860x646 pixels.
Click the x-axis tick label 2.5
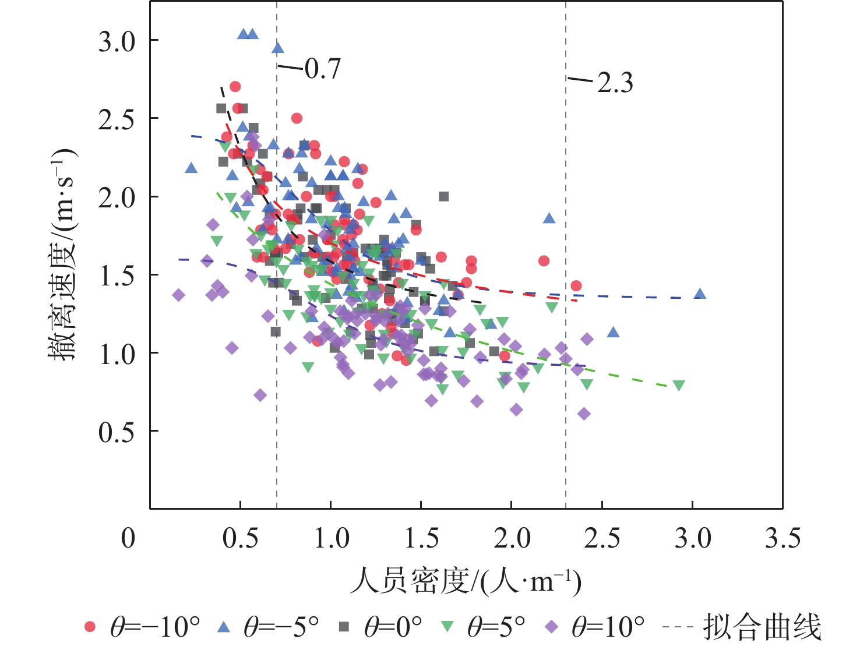(x=602, y=539)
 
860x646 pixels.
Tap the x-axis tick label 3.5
(x=783, y=539)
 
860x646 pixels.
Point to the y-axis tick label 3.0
(x=117, y=42)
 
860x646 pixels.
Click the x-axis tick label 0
(x=128, y=539)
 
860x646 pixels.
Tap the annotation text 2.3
(x=615, y=84)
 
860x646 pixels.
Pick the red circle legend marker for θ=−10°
(x=90, y=627)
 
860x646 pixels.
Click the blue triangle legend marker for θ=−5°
(x=223, y=627)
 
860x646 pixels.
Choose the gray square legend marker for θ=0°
(x=344, y=627)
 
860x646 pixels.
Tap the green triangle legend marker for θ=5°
(x=447, y=627)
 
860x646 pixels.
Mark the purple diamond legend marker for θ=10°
(x=551, y=627)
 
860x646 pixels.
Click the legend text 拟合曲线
(x=762, y=627)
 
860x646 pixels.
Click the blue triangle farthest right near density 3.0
(x=700, y=294)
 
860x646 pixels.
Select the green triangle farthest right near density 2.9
(x=678, y=386)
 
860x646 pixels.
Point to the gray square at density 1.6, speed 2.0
(x=444, y=196)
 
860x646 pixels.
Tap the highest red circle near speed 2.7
(x=235, y=87)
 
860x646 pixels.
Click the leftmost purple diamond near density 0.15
(x=178, y=295)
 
